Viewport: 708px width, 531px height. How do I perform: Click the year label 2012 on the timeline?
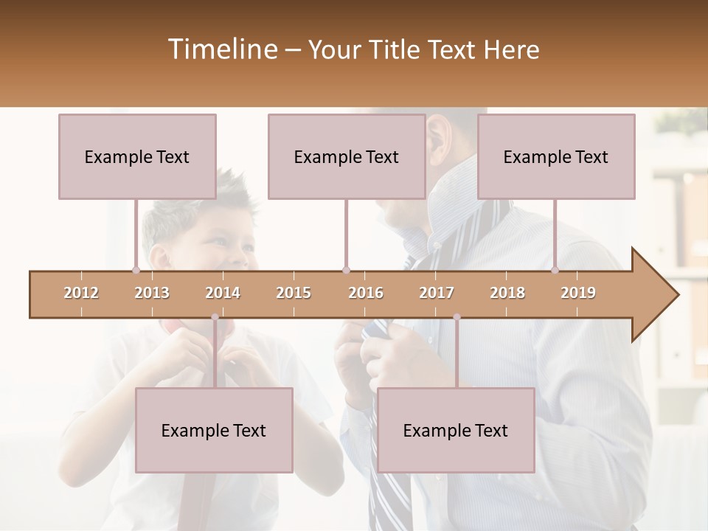point(81,293)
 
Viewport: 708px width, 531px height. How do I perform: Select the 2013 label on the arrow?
point(152,293)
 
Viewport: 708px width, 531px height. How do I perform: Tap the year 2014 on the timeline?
point(223,293)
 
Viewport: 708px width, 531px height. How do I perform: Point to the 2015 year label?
point(294,293)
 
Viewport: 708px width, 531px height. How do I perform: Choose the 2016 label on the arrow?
point(366,293)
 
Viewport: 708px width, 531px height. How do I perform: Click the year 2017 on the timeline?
point(437,293)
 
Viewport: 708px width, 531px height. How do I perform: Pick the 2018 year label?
point(507,293)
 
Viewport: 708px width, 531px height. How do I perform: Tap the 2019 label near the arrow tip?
point(578,293)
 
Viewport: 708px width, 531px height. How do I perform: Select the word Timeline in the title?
point(221,49)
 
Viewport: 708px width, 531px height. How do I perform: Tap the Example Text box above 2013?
point(137,156)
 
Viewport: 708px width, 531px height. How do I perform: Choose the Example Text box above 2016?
point(347,156)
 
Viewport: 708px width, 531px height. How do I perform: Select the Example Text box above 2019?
point(556,156)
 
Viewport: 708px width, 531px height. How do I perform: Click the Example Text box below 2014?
point(214,430)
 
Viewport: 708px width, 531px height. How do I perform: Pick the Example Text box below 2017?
point(456,430)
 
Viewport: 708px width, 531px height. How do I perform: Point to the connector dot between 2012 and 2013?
point(136,270)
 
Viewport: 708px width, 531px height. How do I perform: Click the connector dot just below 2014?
point(215,317)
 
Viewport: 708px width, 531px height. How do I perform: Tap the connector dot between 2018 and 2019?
point(555,270)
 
